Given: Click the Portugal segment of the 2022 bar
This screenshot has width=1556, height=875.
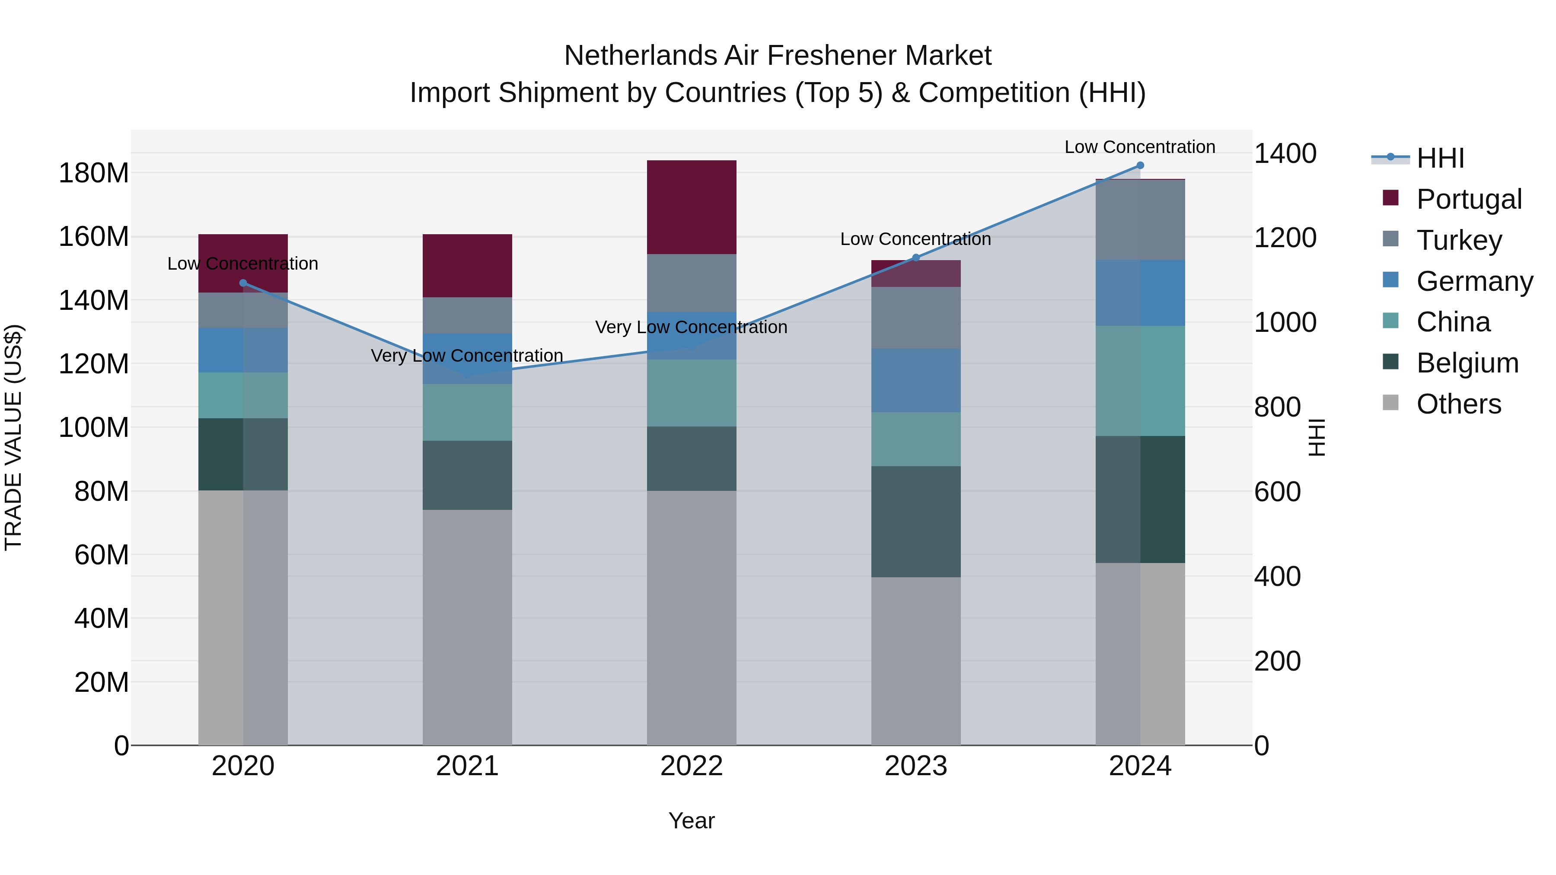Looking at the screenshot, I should pos(692,207).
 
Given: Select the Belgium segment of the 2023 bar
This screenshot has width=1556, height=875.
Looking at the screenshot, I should pos(916,522).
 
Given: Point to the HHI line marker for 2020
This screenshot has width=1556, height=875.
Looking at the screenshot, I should pos(243,283).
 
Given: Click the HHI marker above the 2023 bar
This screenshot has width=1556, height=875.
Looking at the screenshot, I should pos(916,258).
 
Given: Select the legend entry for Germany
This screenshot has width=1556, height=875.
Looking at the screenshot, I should pos(1474,281).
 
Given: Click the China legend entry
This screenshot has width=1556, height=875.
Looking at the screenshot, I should pos(1453,322).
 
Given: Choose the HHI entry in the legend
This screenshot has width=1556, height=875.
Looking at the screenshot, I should pos(1440,158).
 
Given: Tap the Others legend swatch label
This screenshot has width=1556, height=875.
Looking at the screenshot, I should pos(1458,404).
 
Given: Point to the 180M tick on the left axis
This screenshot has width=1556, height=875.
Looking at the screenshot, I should pos(94,173).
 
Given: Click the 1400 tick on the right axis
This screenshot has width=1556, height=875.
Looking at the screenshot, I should pos(1285,153).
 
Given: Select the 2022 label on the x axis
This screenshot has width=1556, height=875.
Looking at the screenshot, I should pos(692,766).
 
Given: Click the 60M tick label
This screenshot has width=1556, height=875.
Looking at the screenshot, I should pos(102,555).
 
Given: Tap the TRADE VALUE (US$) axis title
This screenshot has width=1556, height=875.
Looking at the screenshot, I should pos(13,437).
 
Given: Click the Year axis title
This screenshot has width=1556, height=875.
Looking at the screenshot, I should pos(692,821).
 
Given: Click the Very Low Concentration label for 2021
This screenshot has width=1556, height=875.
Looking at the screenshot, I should pos(467,356).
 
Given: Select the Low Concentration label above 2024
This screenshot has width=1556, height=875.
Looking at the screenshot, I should pos(1140,147).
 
